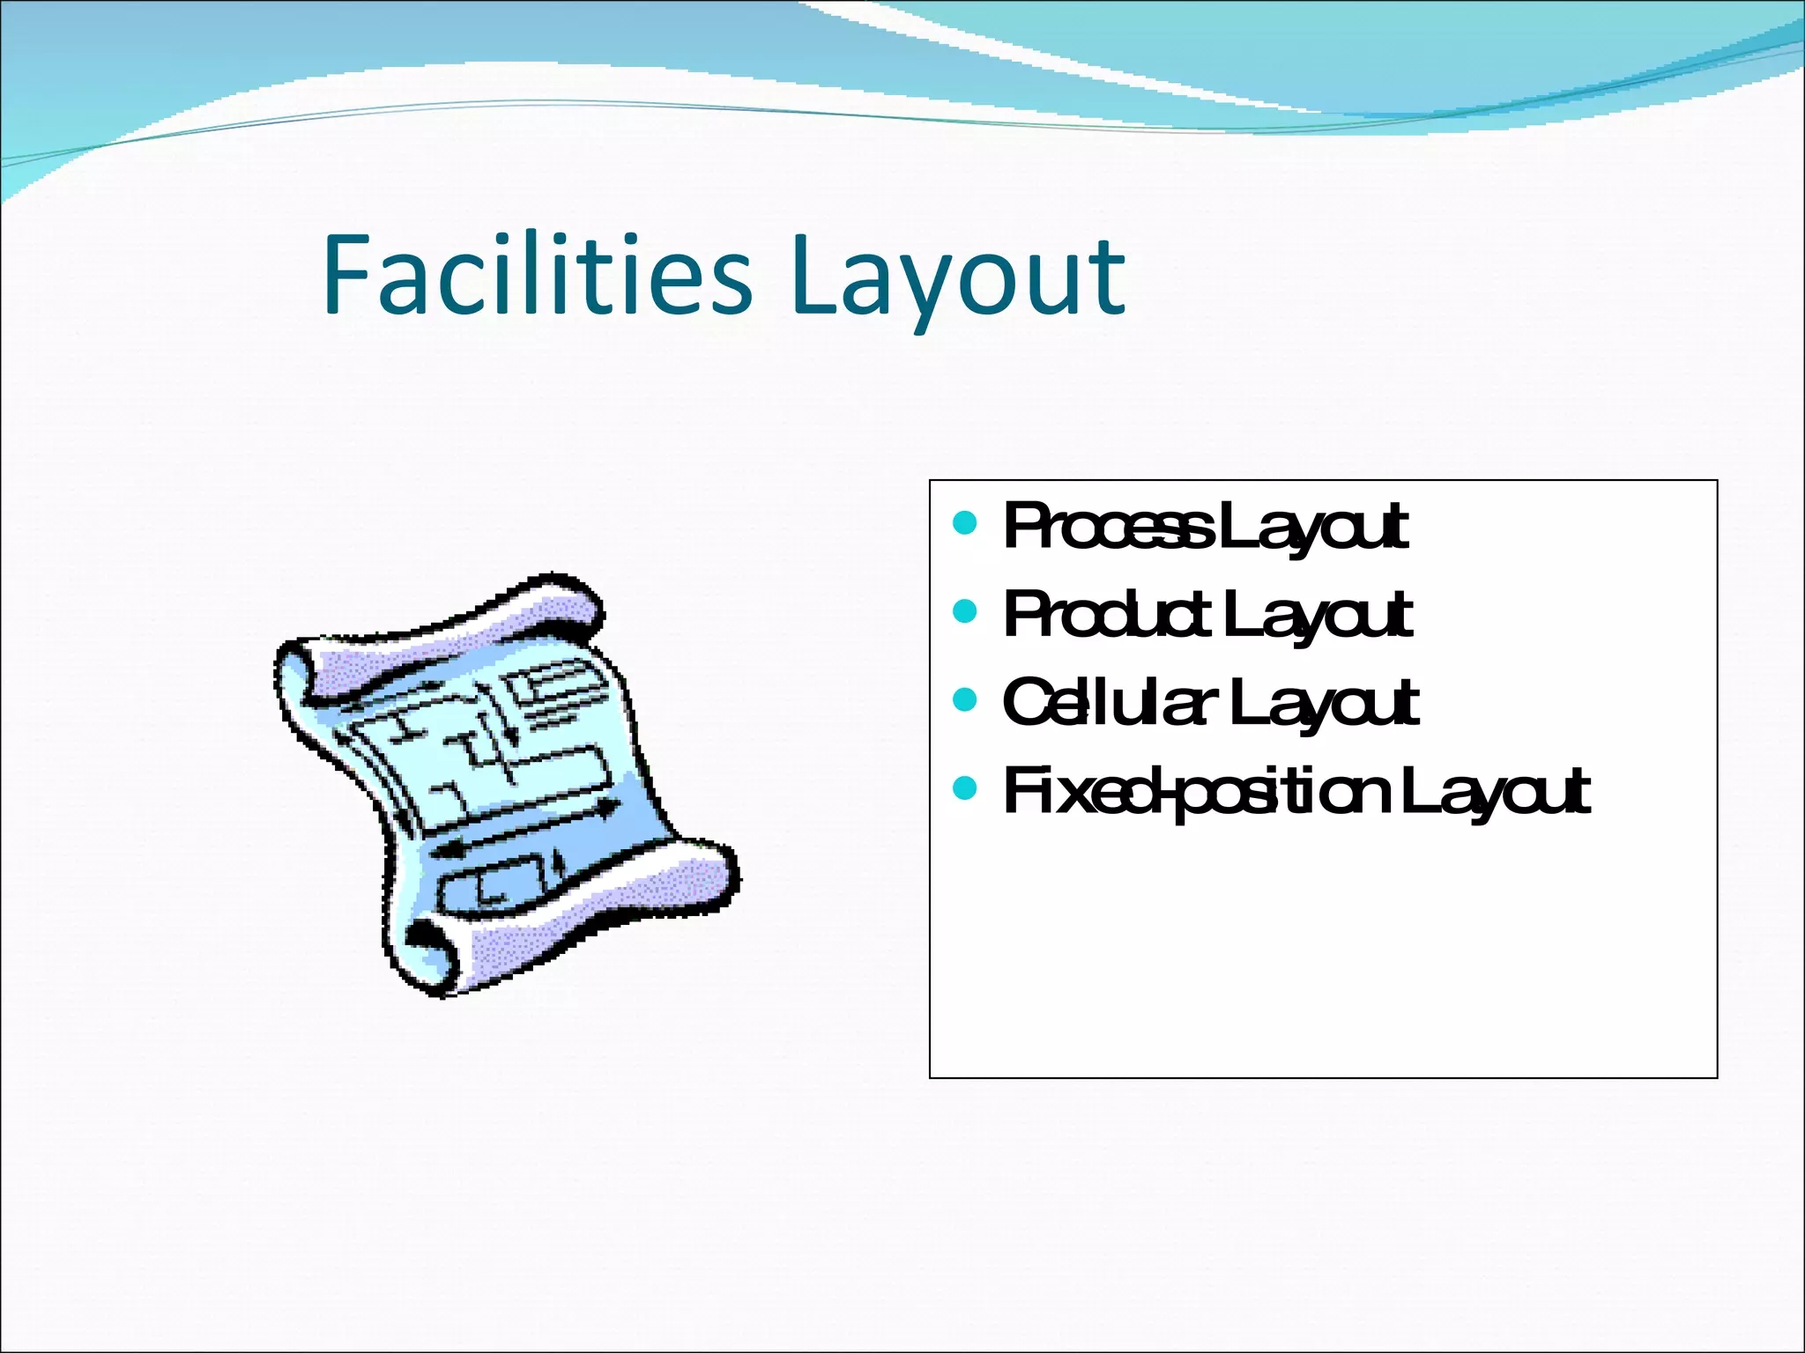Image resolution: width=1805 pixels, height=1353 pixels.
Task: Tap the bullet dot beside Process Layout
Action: (x=965, y=523)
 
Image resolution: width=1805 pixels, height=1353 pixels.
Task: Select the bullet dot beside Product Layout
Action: (x=965, y=610)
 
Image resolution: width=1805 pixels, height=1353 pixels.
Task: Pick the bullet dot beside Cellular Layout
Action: (x=965, y=699)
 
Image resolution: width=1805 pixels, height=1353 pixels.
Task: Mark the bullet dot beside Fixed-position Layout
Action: (x=965, y=787)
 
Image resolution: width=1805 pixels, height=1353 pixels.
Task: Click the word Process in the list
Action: (x=1106, y=527)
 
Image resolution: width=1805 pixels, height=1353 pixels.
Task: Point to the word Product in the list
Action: (x=1106, y=614)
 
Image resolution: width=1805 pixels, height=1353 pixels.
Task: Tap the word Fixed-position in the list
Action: (x=1194, y=790)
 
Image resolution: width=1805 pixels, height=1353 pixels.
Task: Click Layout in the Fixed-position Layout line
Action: (x=1494, y=790)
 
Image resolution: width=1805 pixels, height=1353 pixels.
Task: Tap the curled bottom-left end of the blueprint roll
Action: (x=427, y=956)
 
